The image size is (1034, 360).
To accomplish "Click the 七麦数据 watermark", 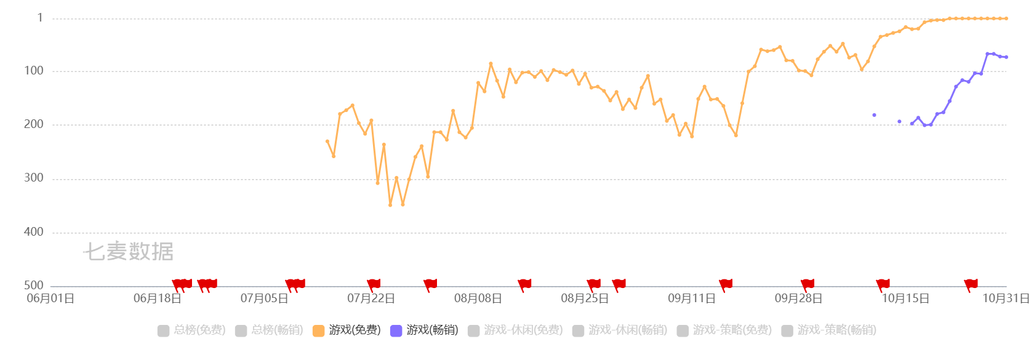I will point(128,251).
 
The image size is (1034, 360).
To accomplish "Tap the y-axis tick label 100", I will point(34,71).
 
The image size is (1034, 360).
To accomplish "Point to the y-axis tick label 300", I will point(34,178).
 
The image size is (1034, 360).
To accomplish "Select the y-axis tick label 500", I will point(34,286).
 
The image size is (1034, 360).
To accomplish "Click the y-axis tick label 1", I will point(40,18).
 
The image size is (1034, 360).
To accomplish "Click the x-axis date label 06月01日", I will point(50,299).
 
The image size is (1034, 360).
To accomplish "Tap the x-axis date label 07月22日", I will point(371,299).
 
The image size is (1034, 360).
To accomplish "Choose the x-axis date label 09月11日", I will point(692,299).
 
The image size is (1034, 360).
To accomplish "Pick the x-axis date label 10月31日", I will point(1006,299).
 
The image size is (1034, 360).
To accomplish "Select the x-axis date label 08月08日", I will point(478,299).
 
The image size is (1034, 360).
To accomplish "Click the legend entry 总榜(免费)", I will point(191,330).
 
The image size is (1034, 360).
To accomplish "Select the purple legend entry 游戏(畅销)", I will point(424,330).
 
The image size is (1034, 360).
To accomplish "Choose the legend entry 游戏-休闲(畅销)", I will point(620,330).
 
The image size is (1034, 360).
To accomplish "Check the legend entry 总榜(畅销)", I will point(269,330).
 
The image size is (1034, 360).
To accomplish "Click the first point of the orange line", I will point(327,141).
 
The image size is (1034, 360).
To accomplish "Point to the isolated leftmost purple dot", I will point(874,115).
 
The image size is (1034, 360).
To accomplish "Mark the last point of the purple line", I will point(1006,57).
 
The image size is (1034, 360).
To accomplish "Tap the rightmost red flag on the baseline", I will point(971,284).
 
